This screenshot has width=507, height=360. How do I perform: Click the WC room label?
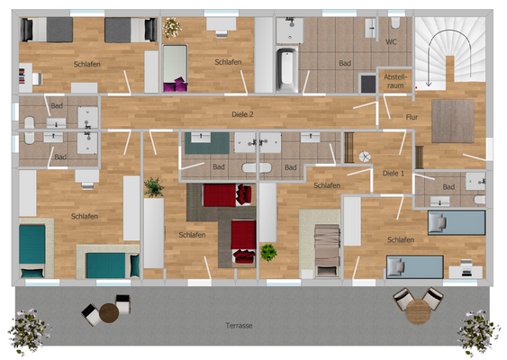pos(391,41)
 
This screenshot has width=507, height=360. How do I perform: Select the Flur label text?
pos(412,117)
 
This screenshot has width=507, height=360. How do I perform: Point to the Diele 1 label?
pos(394,173)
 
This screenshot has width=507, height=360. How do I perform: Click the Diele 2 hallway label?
pos(242,114)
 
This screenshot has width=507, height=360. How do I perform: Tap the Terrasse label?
pos(238,323)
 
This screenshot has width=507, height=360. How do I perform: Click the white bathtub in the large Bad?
pos(285,69)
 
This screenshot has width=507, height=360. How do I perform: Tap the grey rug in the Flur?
pos(452,121)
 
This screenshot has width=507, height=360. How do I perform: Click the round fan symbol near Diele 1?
pos(366,157)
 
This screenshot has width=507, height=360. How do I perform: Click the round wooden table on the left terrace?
pos(109,312)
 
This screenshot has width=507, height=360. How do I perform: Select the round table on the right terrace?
pos(416,311)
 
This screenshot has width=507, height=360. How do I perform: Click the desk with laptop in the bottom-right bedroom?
pos(461,268)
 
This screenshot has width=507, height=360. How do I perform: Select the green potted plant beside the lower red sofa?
pos(268,252)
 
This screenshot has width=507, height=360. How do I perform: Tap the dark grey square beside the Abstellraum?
pos(367,84)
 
